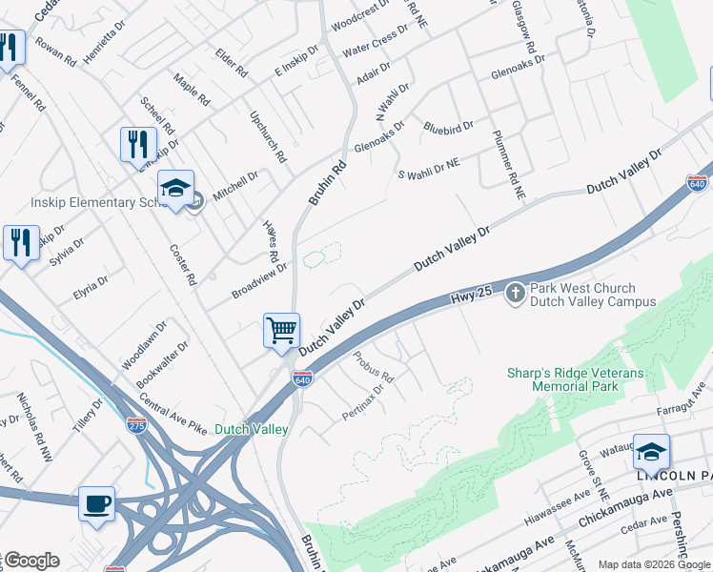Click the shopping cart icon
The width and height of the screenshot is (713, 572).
(x=281, y=331)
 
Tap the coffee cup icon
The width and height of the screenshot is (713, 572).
(x=96, y=502)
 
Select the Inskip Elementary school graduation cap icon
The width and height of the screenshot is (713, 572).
(x=176, y=189)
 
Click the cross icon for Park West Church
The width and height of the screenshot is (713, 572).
(x=515, y=293)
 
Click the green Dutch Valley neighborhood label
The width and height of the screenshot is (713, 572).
(x=252, y=430)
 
